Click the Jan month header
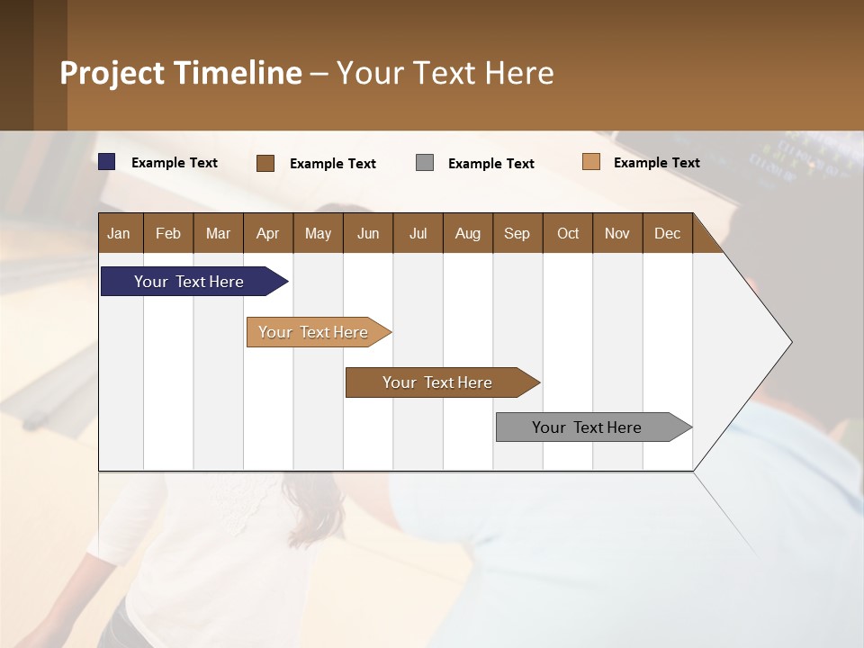[119, 233]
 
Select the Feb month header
[168, 233]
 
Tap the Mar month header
[218, 233]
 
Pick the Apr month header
[268, 233]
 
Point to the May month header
[318, 233]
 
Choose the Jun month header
[368, 233]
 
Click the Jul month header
[418, 233]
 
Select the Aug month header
[468, 233]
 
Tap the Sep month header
[517, 233]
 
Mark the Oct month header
[568, 233]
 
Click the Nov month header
[617, 233]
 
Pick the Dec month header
[668, 233]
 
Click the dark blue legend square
[107, 162]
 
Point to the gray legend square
[425, 163]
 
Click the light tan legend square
[590, 162]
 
